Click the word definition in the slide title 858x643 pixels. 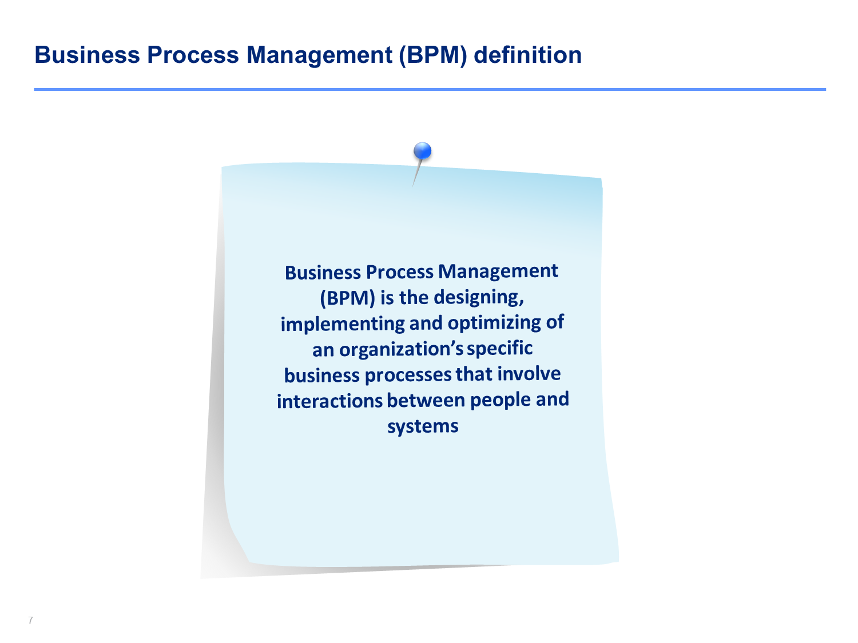[x=528, y=55]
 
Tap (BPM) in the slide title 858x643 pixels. [x=432, y=55]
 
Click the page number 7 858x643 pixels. [x=30, y=620]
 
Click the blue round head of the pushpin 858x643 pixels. [x=423, y=151]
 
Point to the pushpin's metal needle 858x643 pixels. [x=417, y=173]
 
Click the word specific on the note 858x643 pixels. [x=499, y=348]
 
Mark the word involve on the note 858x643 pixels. [x=529, y=374]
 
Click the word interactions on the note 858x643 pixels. [x=329, y=401]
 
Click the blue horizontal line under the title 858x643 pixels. [x=430, y=89]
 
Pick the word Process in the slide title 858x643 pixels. [x=193, y=55]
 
